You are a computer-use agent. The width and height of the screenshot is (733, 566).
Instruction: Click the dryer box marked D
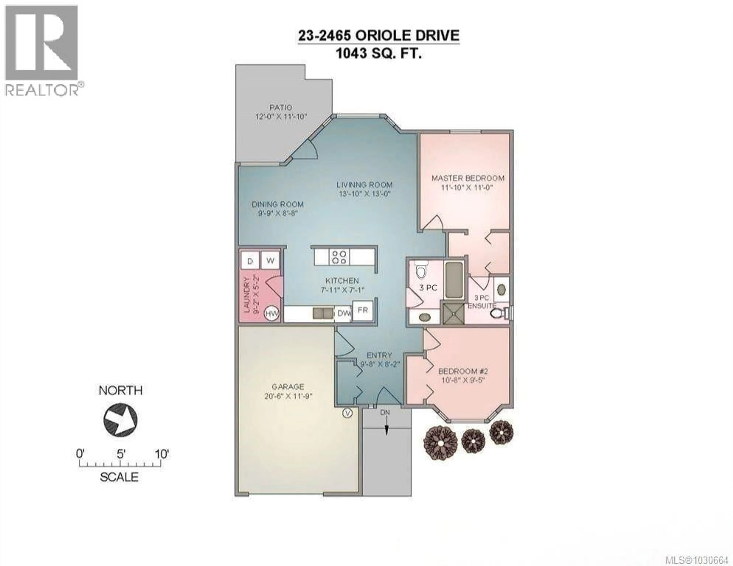coord(250,261)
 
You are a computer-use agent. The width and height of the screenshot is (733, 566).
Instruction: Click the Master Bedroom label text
coord(468,178)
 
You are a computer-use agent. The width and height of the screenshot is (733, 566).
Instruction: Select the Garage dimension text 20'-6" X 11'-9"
coord(288,396)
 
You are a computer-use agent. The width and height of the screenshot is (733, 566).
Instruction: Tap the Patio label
coord(281,108)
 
